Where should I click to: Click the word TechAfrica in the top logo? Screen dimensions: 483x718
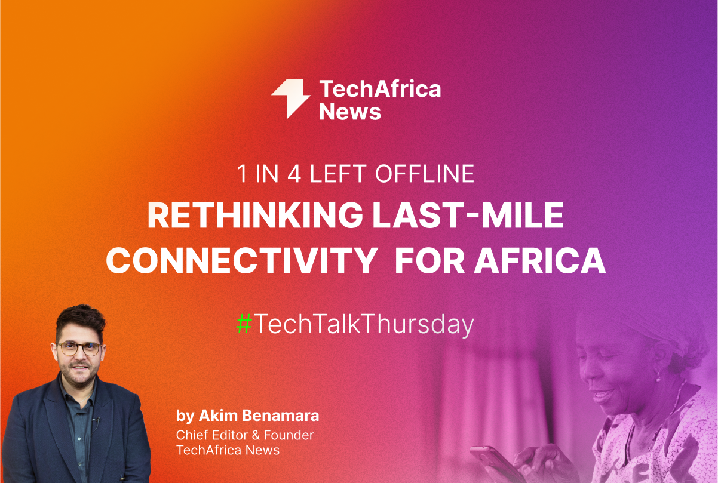(x=380, y=89)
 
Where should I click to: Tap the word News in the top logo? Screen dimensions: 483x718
(x=350, y=112)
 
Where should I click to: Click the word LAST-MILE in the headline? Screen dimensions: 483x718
(x=468, y=217)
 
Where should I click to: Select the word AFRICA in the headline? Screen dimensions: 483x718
(x=540, y=261)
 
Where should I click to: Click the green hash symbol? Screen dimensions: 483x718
(x=243, y=324)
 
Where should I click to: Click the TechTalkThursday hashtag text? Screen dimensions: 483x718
(x=363, y=324)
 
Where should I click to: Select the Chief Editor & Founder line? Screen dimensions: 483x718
(x=245, y=435)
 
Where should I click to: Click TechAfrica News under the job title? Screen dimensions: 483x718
(x=228, y=450)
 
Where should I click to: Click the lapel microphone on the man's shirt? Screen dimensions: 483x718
(x=96, y=422)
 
